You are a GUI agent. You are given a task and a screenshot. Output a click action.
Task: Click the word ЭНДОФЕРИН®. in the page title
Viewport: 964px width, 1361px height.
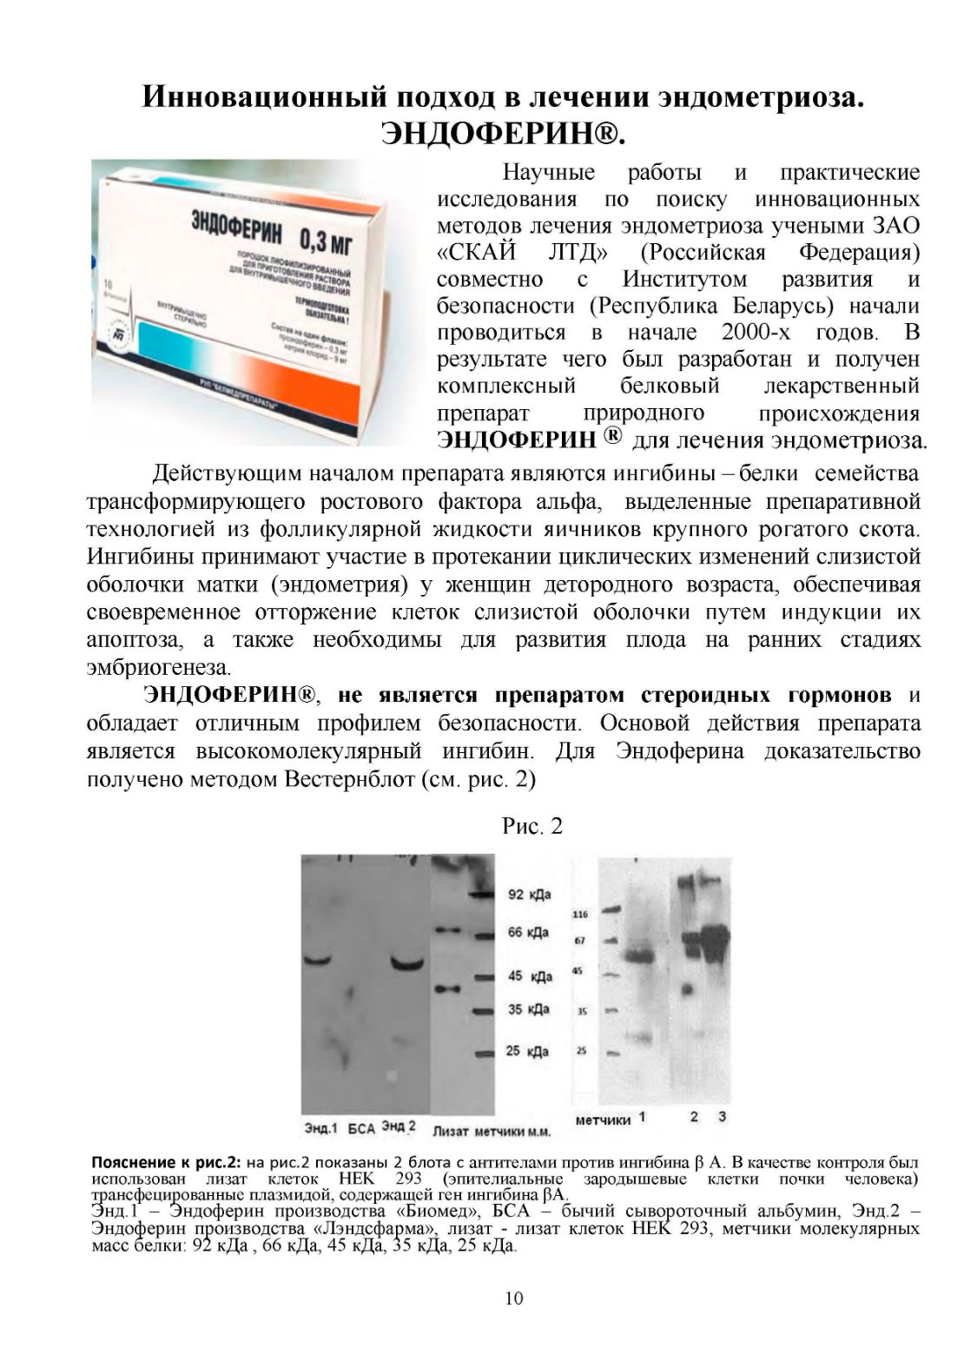coord(504,135)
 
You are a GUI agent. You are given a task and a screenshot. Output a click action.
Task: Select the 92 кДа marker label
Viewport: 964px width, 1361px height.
coord(530,895)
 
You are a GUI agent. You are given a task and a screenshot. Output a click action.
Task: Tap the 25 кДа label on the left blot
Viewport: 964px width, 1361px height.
coord(528,1052)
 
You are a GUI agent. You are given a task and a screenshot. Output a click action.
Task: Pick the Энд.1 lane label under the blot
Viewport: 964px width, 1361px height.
coord(321,1128)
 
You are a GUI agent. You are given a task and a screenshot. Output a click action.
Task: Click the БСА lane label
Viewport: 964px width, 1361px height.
coord(361,1129)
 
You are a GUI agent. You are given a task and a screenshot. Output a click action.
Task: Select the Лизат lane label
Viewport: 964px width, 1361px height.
coord(451,1131)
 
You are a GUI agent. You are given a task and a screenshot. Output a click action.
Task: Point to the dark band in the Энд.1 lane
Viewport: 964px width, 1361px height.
coord(319,960)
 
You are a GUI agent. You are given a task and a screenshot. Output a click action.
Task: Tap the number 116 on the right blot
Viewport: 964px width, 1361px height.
coord(580,914)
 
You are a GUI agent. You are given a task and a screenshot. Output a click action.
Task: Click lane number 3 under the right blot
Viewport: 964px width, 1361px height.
coord(723,1116)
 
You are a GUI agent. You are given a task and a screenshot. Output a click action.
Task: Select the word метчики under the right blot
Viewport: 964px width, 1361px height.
coord(604,1120)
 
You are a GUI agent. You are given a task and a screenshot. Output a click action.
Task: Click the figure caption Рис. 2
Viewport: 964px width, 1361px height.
coord(532,826)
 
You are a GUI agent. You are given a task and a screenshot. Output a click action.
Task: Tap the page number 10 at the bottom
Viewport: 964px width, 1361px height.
coord(514,1298)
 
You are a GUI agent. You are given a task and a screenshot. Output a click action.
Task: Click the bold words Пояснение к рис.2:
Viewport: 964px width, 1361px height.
coord(165,1162)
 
